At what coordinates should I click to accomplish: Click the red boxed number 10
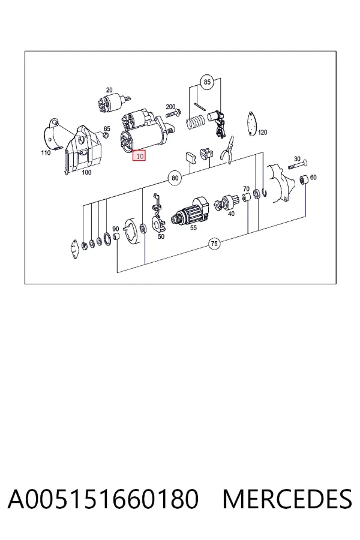140,156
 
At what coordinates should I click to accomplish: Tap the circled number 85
206,82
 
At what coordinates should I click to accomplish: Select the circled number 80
175,178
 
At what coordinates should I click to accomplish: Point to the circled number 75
214,244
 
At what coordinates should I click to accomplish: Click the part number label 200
170,107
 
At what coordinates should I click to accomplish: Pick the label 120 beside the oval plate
263,132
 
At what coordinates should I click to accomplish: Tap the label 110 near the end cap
46,152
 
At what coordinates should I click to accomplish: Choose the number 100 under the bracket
86,172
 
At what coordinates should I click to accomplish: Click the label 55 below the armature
193,227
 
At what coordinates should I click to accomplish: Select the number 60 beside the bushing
313,178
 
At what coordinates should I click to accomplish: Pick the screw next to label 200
173,114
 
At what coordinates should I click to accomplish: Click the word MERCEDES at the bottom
287,499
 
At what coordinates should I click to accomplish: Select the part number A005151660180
103,499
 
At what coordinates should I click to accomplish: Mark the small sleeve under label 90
116,237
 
